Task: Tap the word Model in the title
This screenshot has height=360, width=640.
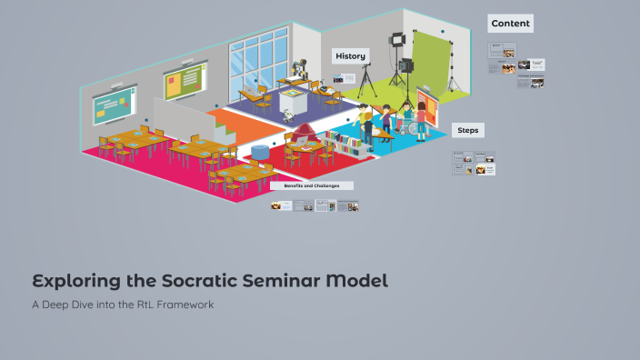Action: point(357,280)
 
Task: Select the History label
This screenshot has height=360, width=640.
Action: point(351,55)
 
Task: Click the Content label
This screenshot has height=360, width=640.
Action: point(510,24)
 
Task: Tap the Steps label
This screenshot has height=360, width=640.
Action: point(468,130)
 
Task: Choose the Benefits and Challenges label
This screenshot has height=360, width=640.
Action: point(312,185)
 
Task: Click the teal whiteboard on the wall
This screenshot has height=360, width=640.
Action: point(113,103)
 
